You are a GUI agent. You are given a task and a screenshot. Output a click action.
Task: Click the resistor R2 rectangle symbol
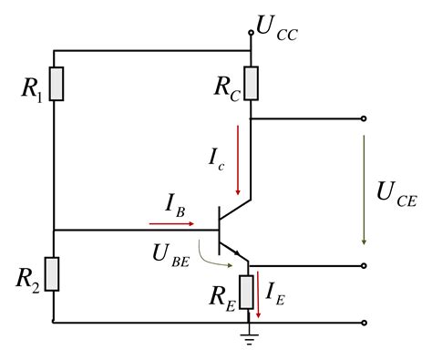(55, 273)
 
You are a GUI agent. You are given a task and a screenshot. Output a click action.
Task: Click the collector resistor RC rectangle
(249, 85)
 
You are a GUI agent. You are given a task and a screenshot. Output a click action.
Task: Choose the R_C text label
(226, 87)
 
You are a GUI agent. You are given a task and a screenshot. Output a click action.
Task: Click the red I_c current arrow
(238, 160)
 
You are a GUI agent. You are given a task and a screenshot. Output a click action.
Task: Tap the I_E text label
(274, 292)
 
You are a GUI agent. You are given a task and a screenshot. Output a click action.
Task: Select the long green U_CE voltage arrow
(364, 190)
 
